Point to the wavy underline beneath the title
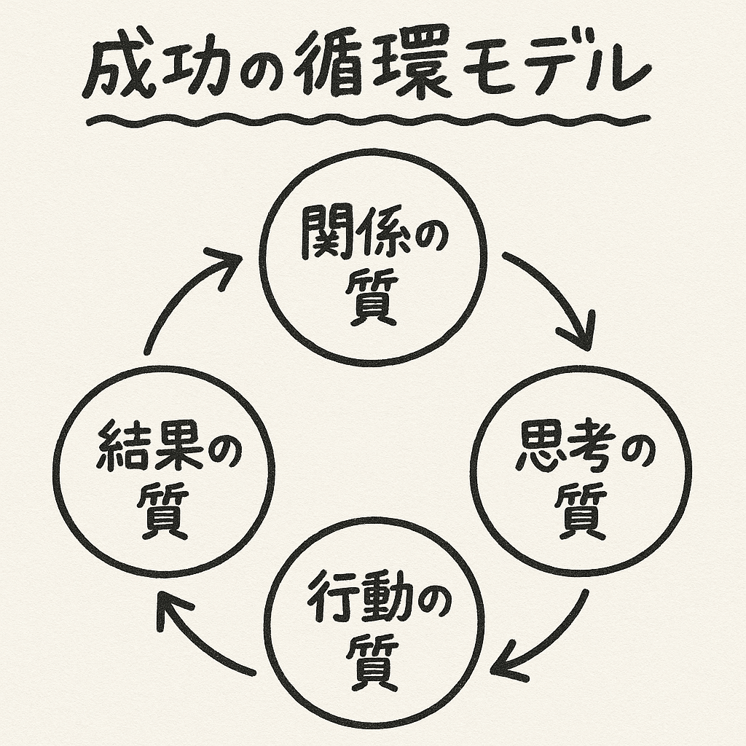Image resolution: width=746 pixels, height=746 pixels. click(x=364, y=119)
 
